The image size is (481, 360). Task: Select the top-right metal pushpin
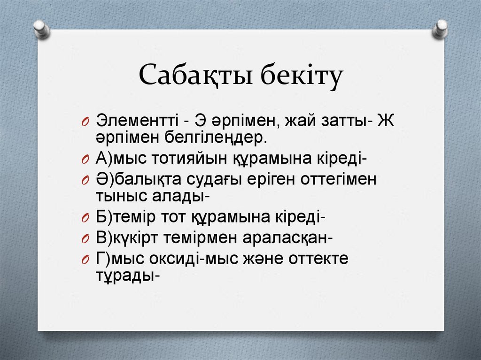[440, 29]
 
